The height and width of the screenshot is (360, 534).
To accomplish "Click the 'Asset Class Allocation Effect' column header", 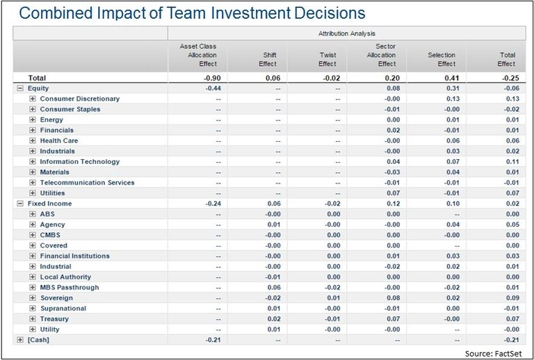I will [x=198, y=54].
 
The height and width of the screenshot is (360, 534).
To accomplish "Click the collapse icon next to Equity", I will [x=20, y=88].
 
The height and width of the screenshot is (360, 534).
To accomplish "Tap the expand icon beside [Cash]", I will [x=20, y=339].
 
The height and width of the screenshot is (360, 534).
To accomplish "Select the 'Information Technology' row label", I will [x=79, y=162].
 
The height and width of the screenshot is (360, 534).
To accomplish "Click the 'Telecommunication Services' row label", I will [x=87, y=183].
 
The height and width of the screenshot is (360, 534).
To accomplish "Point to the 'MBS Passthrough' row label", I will [x=70, y=287].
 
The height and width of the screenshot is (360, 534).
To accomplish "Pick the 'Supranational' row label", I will [x=63, y=308].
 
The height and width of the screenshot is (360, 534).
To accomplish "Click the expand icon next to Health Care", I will [x=32, y=140].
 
